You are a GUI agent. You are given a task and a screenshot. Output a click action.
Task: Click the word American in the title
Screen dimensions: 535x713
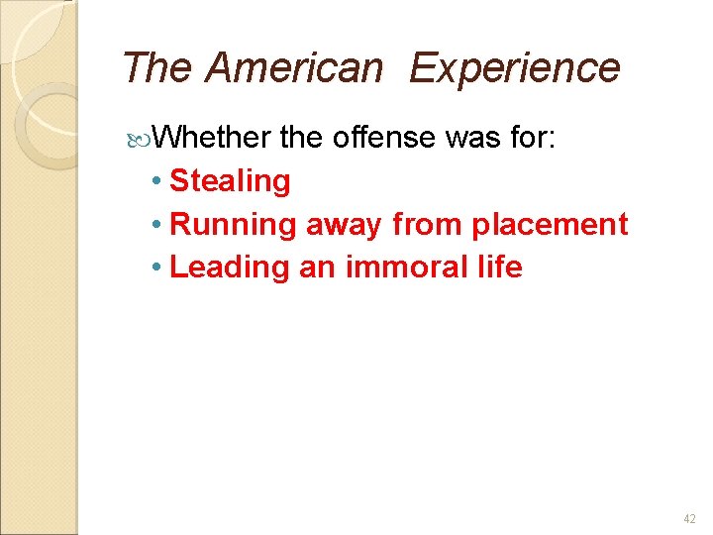(293, 68)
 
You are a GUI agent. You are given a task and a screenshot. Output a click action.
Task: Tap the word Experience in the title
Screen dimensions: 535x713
(514, 68)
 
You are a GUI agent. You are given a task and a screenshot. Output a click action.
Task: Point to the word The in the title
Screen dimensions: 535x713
(158, 68)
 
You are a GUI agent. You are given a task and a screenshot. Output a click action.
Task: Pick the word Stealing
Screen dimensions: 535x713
(230, 181)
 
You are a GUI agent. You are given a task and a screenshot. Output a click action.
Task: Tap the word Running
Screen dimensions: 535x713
(233, 225)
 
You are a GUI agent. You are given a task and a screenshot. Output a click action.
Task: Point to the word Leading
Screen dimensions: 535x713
(230, 267)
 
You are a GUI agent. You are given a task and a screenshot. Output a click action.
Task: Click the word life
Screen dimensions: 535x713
(500, 267)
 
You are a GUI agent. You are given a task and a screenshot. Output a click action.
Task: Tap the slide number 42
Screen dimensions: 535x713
(689, 519)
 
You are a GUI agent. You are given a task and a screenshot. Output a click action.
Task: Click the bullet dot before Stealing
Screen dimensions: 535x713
(158, 182)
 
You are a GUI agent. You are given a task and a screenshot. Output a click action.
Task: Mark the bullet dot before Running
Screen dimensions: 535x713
(158, 226)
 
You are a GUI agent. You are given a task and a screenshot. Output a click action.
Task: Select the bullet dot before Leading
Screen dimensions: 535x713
(158, 268)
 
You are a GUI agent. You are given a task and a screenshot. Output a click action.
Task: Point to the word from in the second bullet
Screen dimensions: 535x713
(428, 225)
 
